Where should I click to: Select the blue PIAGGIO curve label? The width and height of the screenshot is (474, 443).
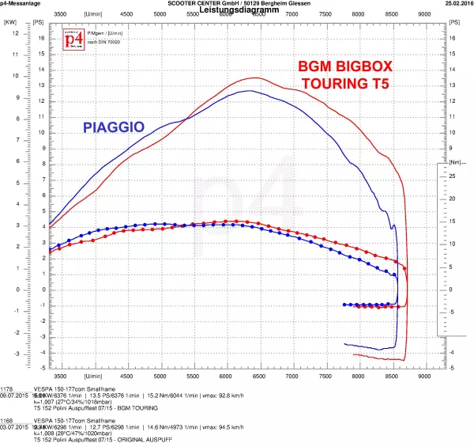[113, 126]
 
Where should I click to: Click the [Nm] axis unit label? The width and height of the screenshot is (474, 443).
[453, 162]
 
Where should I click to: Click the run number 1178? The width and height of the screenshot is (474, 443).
[7, 388]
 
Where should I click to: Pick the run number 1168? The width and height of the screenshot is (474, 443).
[7, 422]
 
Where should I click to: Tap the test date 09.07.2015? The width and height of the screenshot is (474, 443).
[17, 395]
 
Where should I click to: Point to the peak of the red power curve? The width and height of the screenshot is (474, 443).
[255, 78]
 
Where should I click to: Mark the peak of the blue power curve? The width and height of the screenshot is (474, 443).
[250, 91]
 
